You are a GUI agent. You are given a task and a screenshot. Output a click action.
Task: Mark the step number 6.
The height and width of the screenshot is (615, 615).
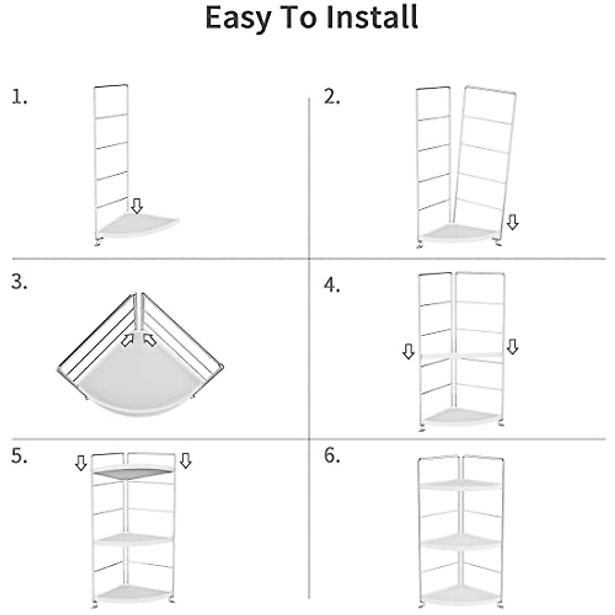(x=332, y=456)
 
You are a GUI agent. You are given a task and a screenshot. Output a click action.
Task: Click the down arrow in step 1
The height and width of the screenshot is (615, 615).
(x=136, y=206)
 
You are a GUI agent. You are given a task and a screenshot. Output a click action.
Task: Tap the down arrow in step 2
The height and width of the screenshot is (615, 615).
(x=512, y=222)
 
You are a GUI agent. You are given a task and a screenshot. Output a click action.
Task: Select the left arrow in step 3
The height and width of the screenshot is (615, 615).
(x=127, y=340)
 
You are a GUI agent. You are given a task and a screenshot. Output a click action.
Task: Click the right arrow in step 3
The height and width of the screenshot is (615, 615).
(x=150, y=339)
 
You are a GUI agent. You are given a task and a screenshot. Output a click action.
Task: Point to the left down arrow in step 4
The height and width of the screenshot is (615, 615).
(x=408, y=351)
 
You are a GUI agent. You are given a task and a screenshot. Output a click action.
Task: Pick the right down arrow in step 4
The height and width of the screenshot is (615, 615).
(x=512, y=346)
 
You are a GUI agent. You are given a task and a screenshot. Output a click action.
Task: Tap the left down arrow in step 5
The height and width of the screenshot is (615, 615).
(x=81, y=463)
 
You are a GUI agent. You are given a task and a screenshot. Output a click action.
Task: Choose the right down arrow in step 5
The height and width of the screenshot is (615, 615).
(x=186, y=460)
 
